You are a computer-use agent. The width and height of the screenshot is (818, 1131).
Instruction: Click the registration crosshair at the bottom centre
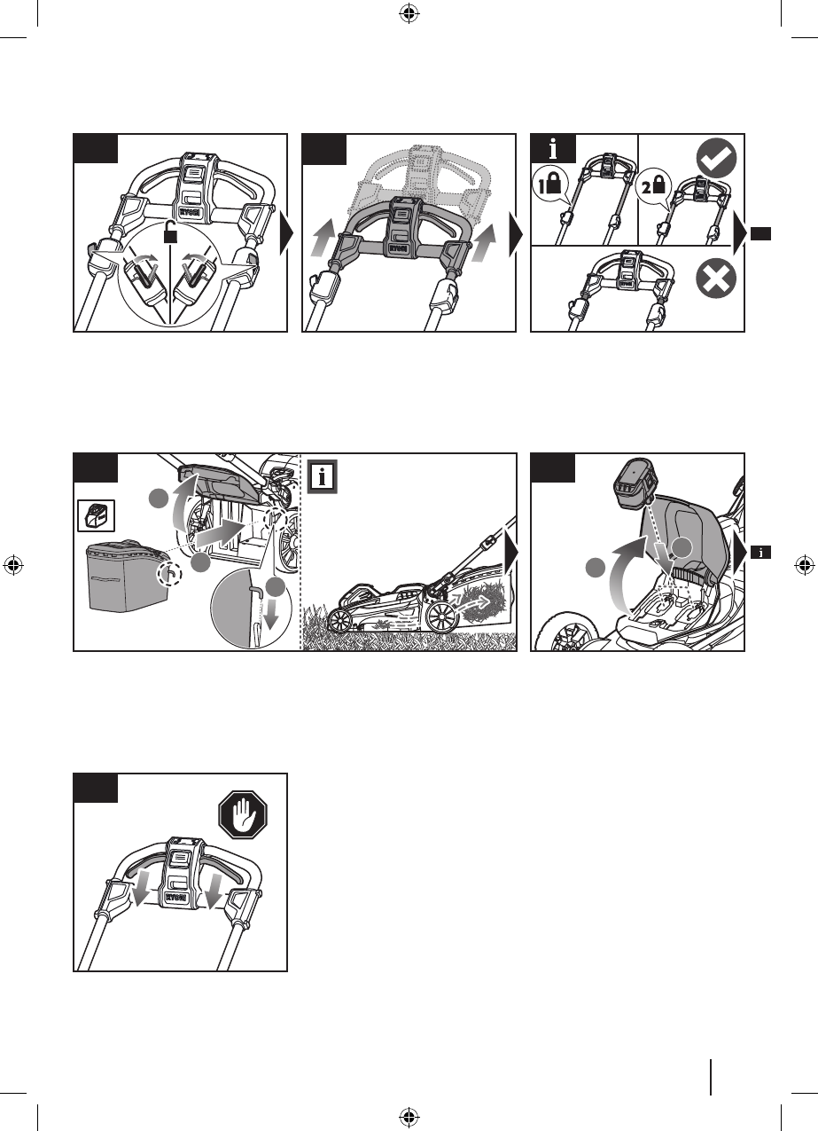click(x=408, y=1116)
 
